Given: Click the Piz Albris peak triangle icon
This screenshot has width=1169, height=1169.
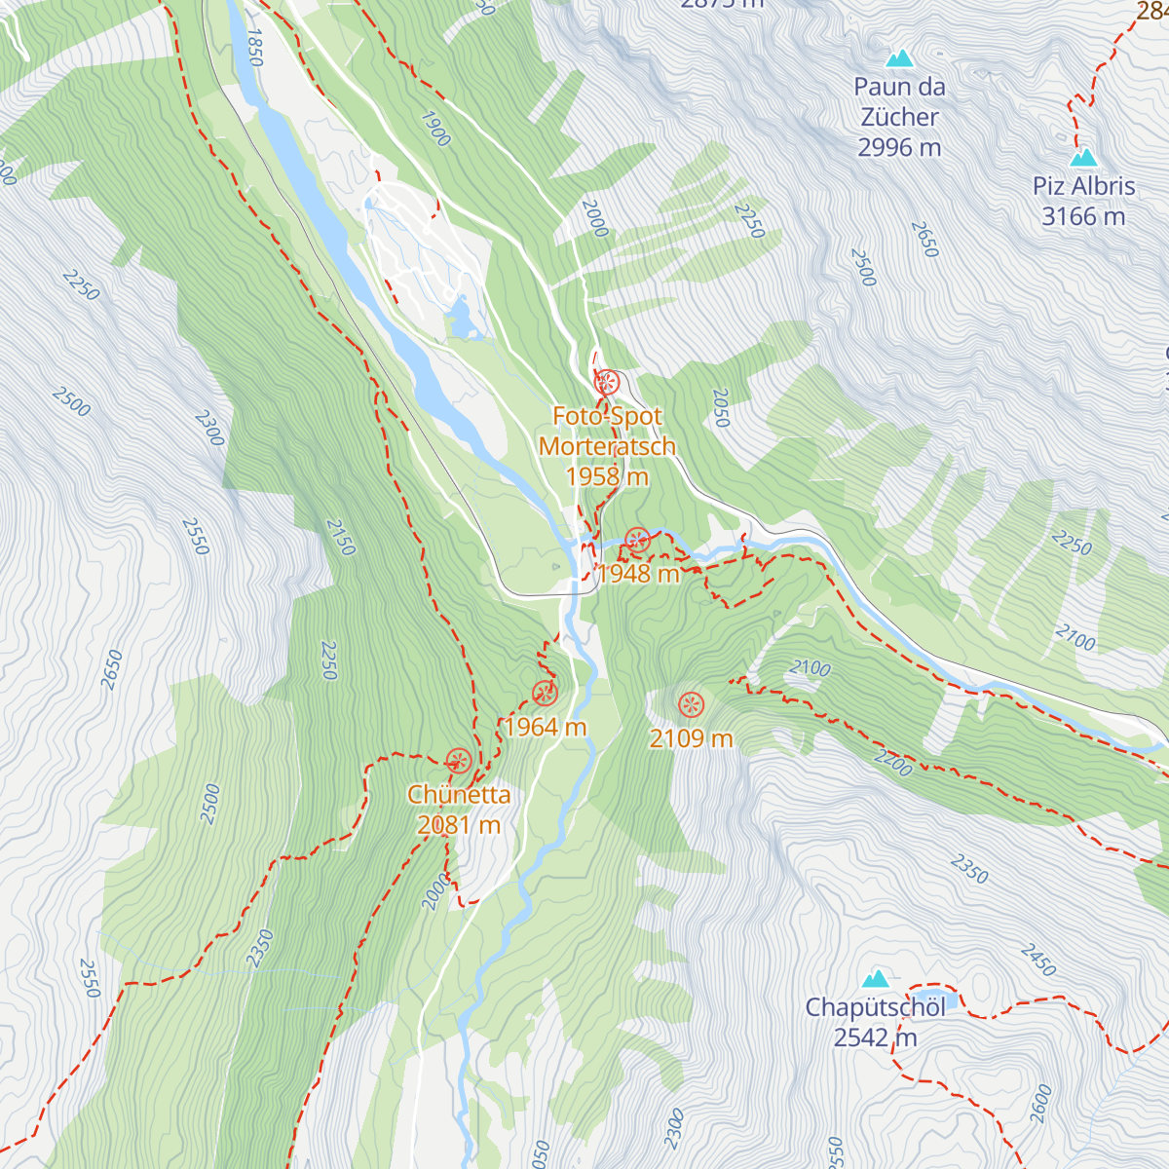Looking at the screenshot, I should pyautogui.click(x=1083, y=158).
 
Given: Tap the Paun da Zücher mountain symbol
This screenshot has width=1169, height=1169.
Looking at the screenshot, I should pyautogui.click(x=899, y=58).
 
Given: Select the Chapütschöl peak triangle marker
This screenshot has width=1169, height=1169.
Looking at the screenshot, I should pyautogui.click(x=875, y=978).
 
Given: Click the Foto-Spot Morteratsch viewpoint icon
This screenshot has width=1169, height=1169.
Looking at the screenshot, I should pyautogui.click(x=607, y=382).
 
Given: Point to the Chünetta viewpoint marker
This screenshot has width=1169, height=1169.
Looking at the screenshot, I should pyautogui.click(x=458, y=761).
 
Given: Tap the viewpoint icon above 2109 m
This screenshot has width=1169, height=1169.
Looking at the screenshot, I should pyautogui.click(x=691, y=703).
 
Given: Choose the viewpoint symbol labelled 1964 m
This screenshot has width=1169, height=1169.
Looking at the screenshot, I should pyautogui.click(x=545, y=693).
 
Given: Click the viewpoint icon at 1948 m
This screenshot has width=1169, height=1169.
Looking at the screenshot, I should pyautogui.click(x=637, y=540).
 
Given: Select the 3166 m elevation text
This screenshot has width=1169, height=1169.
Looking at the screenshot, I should pyautogui.click(x=1083, y=216).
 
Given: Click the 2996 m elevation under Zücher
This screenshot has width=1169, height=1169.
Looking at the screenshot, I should pyautogui.click(x=899, y=147).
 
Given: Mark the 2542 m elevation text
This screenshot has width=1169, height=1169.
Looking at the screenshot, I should pyautogui.click(x=875, y=1037).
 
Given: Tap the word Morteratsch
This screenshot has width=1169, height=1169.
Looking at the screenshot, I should pyautogui.click(x=607, y=446).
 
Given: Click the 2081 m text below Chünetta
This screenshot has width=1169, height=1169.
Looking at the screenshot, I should pyautogui.click(x=458, y=825).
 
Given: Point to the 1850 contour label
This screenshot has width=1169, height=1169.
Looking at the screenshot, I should pyautogui.click(x=254, y=47).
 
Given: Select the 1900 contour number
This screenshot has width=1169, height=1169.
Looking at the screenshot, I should pyautogui.click(x=435, y=129).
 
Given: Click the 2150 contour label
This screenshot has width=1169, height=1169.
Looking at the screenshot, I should pyautogui.click(x=340, y=537).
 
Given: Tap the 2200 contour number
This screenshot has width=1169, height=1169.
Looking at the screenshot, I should pyautogui.click(x=892, y=763).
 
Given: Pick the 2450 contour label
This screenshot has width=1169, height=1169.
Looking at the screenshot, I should pyautogui.click(x=1038, y=960).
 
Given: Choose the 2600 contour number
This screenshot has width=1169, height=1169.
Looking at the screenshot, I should pyautogui.click(x=1040, y=1103).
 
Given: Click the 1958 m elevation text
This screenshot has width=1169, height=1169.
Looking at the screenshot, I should pyautogui.click(x=607, y=476).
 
